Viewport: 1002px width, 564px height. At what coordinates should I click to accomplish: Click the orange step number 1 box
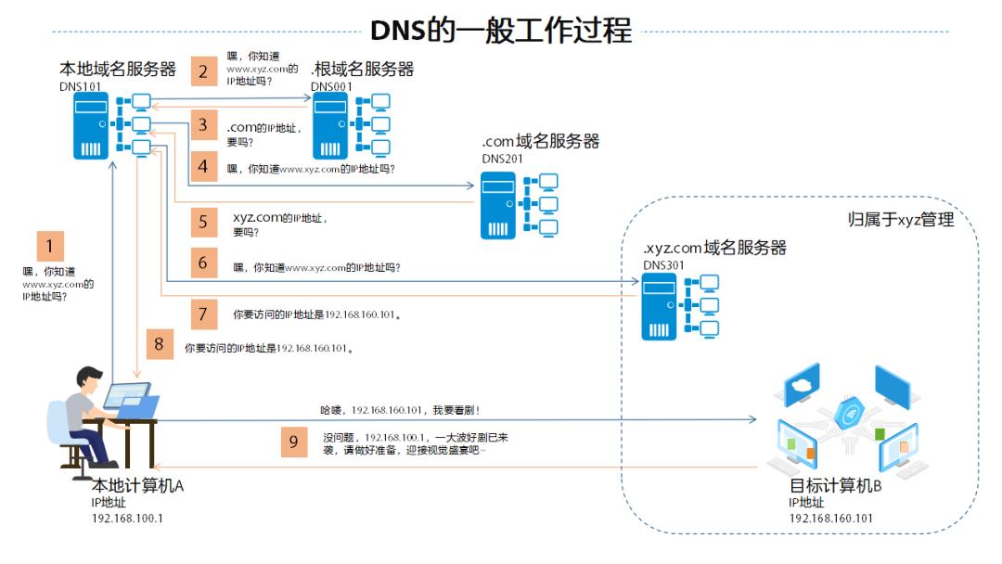50,247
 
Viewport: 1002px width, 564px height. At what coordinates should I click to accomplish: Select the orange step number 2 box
203,71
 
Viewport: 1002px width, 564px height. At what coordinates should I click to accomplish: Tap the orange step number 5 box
203,223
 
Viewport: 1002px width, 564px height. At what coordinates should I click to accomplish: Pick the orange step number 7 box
203,313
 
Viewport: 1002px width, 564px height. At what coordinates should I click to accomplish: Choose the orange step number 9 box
293,442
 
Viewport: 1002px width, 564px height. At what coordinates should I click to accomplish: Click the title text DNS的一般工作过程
501,30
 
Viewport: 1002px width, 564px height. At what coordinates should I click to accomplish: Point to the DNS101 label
79,87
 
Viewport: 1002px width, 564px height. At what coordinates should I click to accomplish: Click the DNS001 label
330,87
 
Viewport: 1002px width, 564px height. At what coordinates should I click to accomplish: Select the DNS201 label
501,159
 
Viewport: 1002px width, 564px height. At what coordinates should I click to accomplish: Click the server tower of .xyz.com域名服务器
660,307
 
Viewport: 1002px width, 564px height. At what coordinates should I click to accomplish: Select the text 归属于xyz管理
901,220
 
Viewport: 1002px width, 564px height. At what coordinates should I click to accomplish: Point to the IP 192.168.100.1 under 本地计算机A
126,519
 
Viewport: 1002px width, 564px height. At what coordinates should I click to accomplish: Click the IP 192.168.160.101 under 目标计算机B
830,519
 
